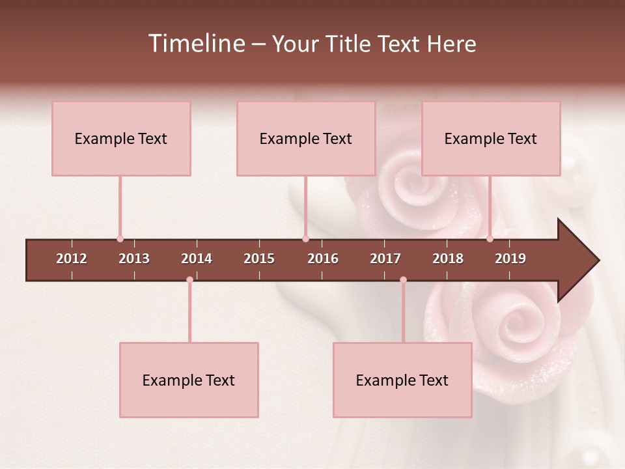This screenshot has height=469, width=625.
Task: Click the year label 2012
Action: pyautogui.click(x=72, y=259)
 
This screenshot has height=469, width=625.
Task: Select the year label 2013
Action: pyautogui.click(x=134, y=259)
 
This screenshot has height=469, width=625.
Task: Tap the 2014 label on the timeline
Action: pyautogui.click(x=197, y=259)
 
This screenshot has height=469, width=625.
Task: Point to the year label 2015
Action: pyautogui.click(x=259, y=259)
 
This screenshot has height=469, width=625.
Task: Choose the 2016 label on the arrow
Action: pyautogui.click(x=323, y=259)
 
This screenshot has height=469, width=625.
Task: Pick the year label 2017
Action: pyautogui.click(x=385, y=259)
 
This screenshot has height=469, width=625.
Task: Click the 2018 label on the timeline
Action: pyautogui.click(x=448, y=259)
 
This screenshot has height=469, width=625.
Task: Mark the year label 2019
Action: pyautogui.click(x=510, y=259)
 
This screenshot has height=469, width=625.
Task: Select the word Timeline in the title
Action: pyautogui.click(x=196, y=44)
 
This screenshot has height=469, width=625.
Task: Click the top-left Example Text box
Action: pyautogui.click(x=121, y=139)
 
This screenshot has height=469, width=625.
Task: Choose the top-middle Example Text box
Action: pyautogui.click(x=306, y=139)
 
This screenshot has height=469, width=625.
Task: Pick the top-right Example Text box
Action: pyautogui.click(x=491, y=139)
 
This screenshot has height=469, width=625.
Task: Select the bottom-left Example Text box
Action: pyautogui.click(x=189, y=380)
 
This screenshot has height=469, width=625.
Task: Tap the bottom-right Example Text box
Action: pyautogui.click(x=402, y=380)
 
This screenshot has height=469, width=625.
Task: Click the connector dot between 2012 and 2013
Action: pyautogui.click(x=120, y=239)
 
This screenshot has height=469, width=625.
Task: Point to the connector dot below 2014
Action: pyautogui.click(x=189, y=280)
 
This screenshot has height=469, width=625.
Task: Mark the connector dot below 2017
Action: pyautogui.click(x=403, y=280)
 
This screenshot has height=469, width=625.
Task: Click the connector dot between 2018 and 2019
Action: pyautogui.click(x=490, y=239)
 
